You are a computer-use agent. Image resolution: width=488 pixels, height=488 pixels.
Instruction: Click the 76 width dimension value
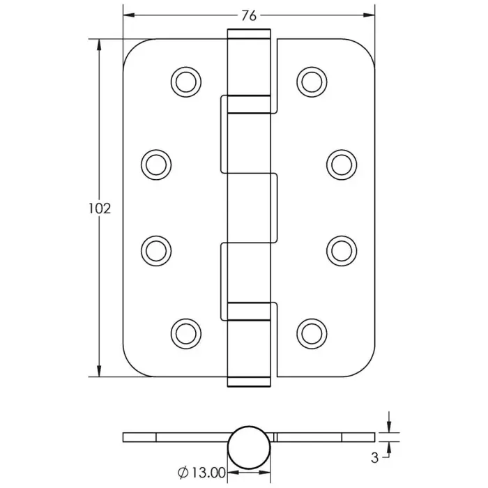pyautogui.click(x=249, y=15)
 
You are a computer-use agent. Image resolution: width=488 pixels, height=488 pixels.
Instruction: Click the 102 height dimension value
pyautogui.click(x=100, y=208)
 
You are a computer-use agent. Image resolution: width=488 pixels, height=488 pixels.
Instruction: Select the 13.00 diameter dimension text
pyautogui.click(x=208, y=473)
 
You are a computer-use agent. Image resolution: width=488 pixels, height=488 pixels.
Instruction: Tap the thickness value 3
pyautogui.click(x=375, y=458)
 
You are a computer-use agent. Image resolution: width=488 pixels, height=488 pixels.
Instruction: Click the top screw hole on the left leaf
pyautogui.click(x=186, y=82)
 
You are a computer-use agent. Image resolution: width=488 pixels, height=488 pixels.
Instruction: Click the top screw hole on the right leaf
pyautogui.click(x=312, y=82)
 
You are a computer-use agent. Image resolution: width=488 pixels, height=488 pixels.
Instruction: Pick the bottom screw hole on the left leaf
pyautogui.click(x=186, y=334)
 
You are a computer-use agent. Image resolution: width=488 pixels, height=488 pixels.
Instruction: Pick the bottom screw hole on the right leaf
pyautogui.click(x=312, y=334)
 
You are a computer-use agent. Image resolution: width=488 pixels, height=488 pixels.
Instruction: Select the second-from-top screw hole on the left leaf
pyautogui.click(x=156, y=165)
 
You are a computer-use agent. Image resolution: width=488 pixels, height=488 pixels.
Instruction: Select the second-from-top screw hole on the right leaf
pyautogui.click(x=342, y=165)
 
